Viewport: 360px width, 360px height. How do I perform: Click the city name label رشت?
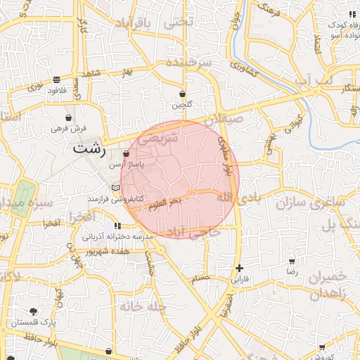[x=90, y=149]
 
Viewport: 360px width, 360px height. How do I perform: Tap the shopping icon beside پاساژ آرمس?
[x=126, y=153]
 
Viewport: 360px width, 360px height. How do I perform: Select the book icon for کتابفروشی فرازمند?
[x=115, y=188]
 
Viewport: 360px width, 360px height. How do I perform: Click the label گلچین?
[x=181, y=105]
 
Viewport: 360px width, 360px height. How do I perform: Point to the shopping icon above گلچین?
[x=182, y=94]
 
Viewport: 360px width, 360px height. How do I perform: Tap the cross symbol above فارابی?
[x=240, y=268]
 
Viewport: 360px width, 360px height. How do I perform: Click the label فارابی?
[x=240, y=279]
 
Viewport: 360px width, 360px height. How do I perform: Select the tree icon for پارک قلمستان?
[x=33, y=311]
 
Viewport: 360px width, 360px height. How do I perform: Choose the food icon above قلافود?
[x=56, y=79]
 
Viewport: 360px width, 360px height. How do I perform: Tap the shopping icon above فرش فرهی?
[x=68, y=117]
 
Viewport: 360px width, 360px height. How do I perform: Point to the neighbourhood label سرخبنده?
[x=189, y=63]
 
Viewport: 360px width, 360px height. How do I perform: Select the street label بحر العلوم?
[x=165, y=202]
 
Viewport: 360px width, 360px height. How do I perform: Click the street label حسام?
[x=202, y=278]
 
